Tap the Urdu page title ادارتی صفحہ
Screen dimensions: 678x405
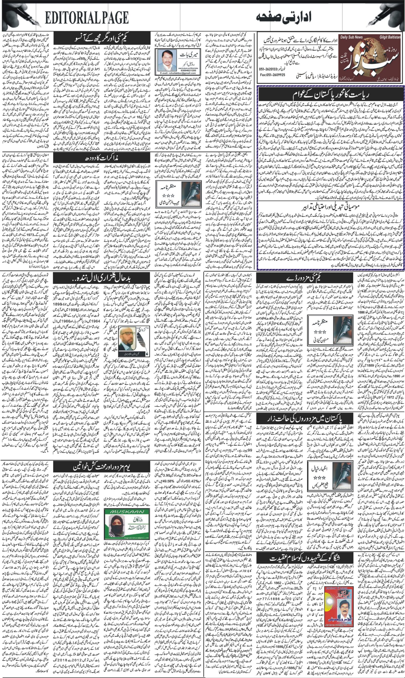pos(287,18)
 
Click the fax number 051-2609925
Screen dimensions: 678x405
pos(273,75)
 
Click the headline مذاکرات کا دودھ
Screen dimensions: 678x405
pos(102,158)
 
